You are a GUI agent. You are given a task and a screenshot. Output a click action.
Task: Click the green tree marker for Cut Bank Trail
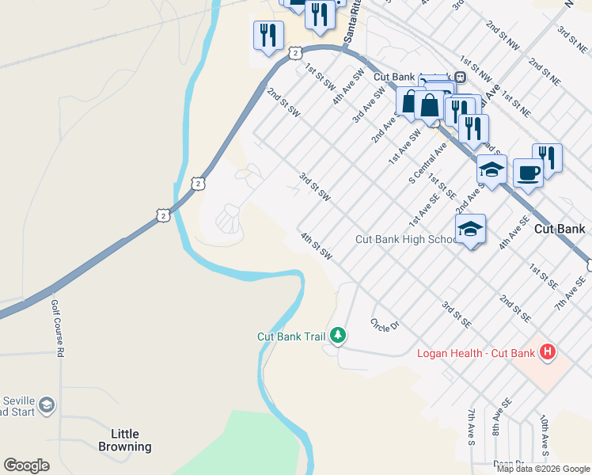click(339, 336)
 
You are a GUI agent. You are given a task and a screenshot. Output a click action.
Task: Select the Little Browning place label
click(125, 440)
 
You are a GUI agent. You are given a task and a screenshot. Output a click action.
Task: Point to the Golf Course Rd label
click(56, 328)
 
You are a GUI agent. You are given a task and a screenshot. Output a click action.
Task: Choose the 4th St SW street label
click(316, 245)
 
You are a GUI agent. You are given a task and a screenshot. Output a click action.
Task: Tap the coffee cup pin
click(528, 172)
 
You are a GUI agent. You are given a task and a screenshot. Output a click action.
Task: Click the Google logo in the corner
click(26, 465)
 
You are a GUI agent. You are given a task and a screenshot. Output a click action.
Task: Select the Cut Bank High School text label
click(404, 239)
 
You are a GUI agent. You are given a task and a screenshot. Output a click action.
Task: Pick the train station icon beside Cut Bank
click(460, 78)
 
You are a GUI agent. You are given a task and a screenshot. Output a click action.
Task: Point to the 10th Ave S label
click(545, 431)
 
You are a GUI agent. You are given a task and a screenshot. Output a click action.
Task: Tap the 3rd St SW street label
click(314, 186)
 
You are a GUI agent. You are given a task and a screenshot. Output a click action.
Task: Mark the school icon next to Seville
click(47, 405)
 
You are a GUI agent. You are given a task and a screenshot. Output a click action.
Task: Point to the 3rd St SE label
click(457, 314)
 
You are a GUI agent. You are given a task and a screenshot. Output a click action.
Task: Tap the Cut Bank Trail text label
click(291, 336)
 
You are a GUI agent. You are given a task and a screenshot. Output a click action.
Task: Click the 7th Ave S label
click(471, 425)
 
